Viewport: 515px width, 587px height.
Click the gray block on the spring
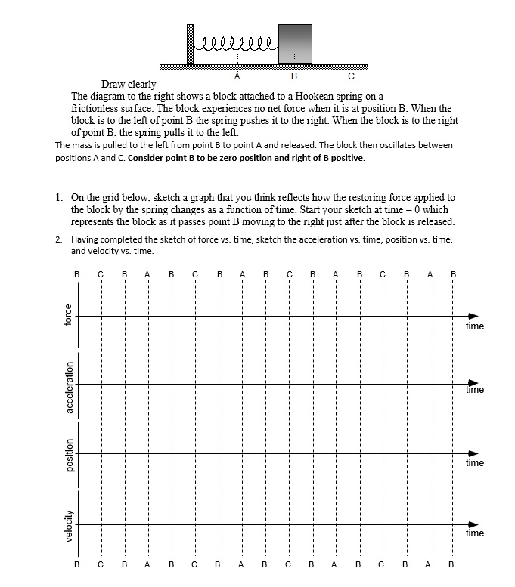(295, 44)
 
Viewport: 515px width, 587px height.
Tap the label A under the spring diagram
(237, 76)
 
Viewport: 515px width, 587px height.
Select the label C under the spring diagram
(350, 76)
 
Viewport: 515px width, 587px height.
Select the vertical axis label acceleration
(67, 386)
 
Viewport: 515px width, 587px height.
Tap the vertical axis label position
(67, 456)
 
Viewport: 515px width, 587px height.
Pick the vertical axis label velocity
(67, 524)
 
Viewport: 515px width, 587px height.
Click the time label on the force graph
(474, 326)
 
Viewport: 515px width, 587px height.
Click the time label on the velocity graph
(474, 533)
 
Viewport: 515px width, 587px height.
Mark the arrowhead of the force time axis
(473, 316)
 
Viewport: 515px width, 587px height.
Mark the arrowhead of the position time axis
(473, 453)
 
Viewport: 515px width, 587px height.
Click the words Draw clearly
(129, 85)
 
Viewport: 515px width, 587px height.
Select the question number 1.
(59, 198)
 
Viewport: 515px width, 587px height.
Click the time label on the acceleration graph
(474, 391)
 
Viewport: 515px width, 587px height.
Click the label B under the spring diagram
(294, 76)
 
